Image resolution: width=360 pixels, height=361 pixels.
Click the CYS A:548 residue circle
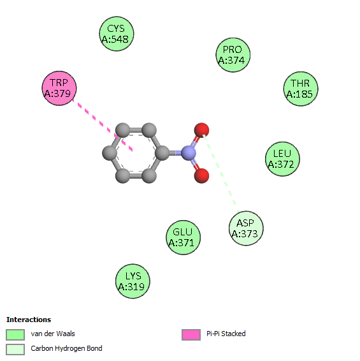click(117, 34)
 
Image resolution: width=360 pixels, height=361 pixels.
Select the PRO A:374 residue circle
click(233, 55)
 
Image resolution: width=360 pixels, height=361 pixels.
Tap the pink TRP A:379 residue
click(59, 88)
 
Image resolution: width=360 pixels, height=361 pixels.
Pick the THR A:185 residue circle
click(301, 89)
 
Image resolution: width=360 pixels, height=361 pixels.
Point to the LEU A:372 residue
click(282, 159)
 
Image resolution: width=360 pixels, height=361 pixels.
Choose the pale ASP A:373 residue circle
click(246, 228)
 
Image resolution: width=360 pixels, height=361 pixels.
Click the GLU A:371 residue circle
click(183, 237)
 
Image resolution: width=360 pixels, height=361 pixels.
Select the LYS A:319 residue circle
click(133, 281)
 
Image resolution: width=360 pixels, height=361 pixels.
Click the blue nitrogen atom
click(189, 153)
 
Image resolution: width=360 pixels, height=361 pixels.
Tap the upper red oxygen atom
click(201, 130)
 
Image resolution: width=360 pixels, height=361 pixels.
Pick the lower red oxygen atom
click(201, 176)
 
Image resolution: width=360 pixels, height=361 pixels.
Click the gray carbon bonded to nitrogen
click(162, 153)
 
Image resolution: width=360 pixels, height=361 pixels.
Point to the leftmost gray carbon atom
click(110, 153)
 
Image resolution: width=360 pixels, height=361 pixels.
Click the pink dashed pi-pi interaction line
click(103, 125)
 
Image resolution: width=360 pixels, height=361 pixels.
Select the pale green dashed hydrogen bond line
click(221, 173)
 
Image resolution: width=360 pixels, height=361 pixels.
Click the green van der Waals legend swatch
click(15, 334)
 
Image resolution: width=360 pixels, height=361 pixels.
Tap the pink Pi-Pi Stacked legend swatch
click(191, 334)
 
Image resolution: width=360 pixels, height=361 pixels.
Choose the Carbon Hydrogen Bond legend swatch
click(15, 350)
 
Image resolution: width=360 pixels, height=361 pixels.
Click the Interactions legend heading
click(29, 320)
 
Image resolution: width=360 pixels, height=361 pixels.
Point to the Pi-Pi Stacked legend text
click(226, 334)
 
